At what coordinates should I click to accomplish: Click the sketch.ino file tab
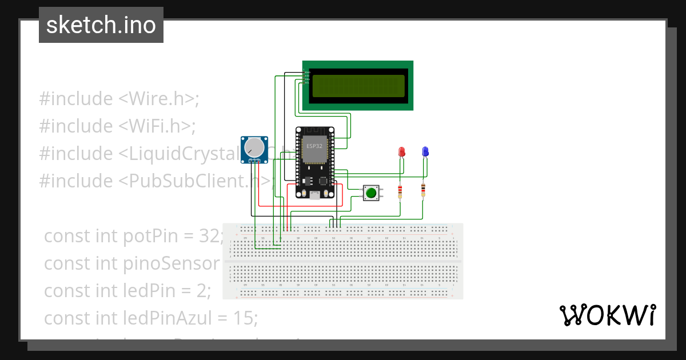pos(101,25)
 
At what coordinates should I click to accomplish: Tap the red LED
pos(402,152)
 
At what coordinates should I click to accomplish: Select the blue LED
pos(425,151)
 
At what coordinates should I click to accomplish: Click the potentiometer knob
pos(254,149)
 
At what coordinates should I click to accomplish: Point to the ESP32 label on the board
pos(314,146)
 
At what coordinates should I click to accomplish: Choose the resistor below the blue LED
pos(423,189)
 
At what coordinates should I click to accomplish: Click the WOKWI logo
pos(608,315)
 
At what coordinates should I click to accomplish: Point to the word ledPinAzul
pos(154,318)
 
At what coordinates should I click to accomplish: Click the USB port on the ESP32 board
pos(314,195)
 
